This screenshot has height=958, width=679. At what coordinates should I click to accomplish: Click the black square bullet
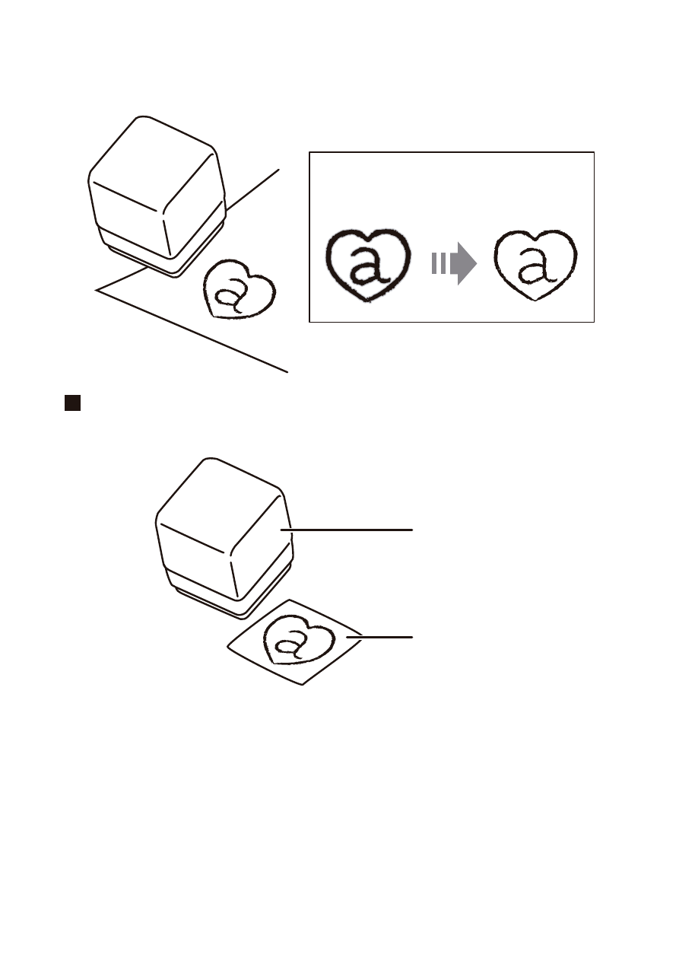pos(73,403)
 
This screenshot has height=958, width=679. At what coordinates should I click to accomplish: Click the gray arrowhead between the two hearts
pos(464,263)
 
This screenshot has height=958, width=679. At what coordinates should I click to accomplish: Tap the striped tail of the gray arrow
pos(439,263)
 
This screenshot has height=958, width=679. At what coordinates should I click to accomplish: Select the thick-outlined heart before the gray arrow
pos(368,265)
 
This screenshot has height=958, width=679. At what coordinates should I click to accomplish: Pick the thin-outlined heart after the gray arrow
pos(535,265)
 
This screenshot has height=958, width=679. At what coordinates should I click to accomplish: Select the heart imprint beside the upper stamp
pos(240,289)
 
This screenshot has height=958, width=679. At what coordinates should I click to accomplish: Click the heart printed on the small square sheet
pos(299,640)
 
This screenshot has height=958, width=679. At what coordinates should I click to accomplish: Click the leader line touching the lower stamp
pos(347,530)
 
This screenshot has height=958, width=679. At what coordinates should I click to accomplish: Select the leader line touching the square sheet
pos(379,637)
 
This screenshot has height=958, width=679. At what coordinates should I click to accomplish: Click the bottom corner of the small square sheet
pos(303,685)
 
